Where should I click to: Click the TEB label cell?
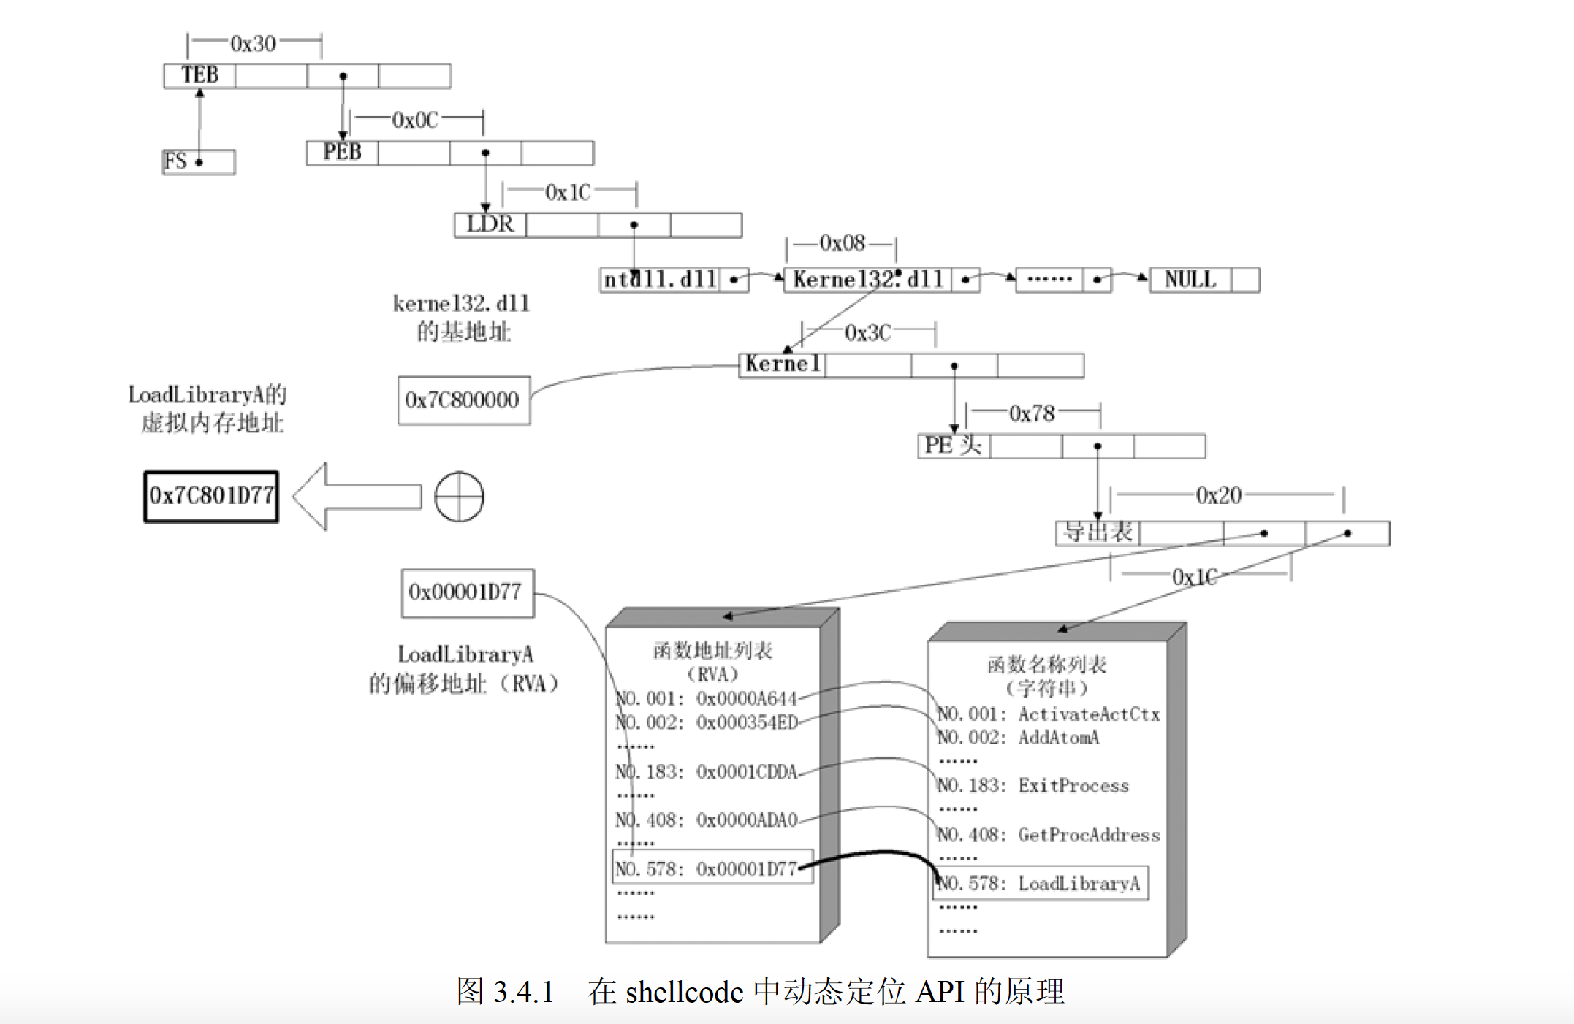point(199,75)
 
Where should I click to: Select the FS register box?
point(198,161)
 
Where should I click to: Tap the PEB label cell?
point(342,152)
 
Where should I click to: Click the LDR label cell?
point(490,224)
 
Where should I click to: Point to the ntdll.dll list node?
point(660,280)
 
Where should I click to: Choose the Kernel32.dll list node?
point(867,280)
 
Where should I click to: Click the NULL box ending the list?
point(1190,280)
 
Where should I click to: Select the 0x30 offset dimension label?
point(253,44)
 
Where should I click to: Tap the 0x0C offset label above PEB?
point(415,120)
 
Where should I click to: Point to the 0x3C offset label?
point(867,333)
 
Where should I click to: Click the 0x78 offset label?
point(1032,414)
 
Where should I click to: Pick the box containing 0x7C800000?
point(463,400)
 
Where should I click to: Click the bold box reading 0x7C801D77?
point(211,496)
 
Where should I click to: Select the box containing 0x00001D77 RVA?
point(466,592)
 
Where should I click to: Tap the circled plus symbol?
point(459,497)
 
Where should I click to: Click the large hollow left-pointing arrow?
point(356,497)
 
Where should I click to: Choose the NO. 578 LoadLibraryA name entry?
point(1040,884)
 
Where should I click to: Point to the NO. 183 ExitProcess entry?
point(1033,786)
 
